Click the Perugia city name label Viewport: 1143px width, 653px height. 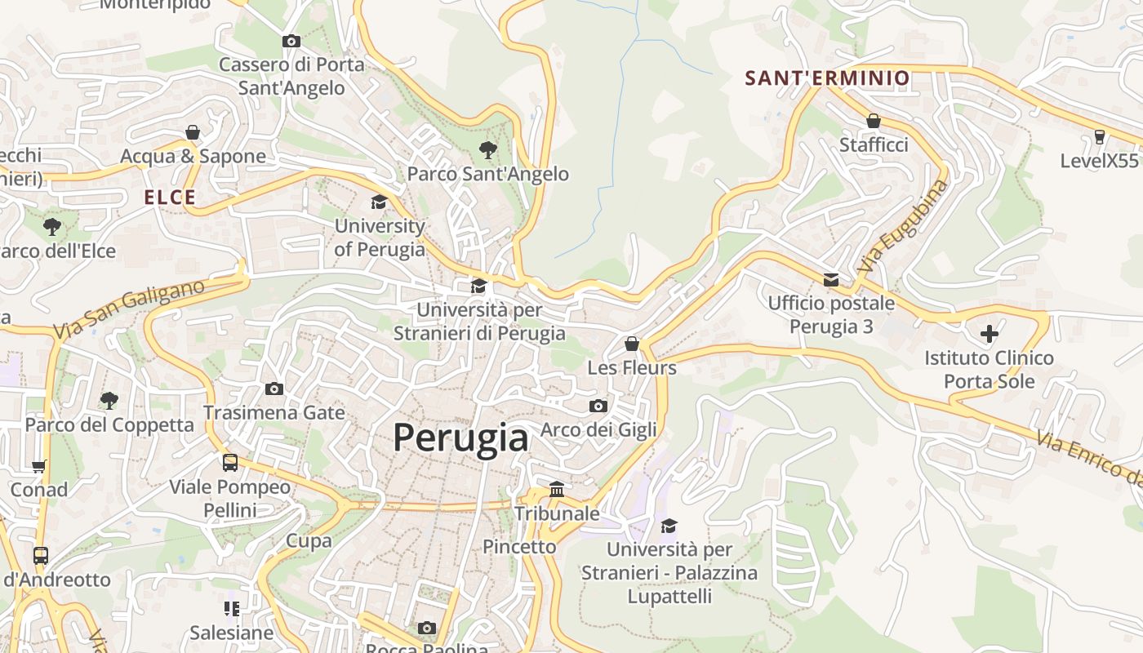point(460,438)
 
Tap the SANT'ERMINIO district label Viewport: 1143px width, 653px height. point(827,78)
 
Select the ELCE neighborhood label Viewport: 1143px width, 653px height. point(170,198)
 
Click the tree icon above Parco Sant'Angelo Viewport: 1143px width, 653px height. point(488,149)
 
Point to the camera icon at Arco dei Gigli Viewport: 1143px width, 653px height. point(598,406)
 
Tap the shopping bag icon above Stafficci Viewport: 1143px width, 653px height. point(874,121)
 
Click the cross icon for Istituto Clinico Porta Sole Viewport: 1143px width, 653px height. point(989,333)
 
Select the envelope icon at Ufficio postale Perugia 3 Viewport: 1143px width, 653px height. point(831,280)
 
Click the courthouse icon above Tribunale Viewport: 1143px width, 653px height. point(557,489)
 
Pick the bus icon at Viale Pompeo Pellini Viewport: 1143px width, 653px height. point(230,463)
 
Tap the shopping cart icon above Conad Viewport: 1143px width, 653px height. point(38,466)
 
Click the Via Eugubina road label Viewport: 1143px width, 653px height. point(904,226)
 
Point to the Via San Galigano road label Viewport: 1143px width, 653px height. point(129,309)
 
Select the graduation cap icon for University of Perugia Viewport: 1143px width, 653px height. point(379,202)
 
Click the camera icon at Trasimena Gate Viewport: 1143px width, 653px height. point(274,389)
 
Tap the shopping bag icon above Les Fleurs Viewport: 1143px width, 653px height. point(632,344)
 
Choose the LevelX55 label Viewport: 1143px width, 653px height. point(1099,161)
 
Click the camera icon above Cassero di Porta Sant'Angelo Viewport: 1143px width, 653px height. point(291,41)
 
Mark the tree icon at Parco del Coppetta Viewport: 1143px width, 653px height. point(109,400)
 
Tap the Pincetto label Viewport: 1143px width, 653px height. point(519,547)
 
